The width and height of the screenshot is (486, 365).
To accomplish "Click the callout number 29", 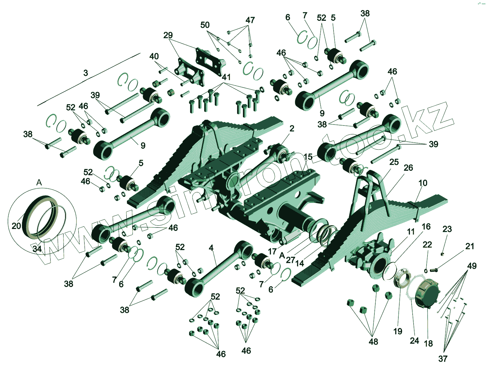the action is click(x=168, y=35).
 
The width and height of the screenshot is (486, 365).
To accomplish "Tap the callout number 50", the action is click(x=205, y=25).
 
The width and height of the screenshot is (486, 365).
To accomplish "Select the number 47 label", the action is click(x=250, y=20).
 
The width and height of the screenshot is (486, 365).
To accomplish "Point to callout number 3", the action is click(x=86, y=73).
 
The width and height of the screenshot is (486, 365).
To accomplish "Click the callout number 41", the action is click(x=226, y=77).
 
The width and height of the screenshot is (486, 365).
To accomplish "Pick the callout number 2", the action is click(x=292, y=128).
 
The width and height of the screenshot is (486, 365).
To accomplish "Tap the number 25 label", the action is click(x=394, y=162).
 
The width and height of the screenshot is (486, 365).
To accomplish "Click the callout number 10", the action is click(x=423, y=183).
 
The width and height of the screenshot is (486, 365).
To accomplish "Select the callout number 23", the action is click(x=447, y=229).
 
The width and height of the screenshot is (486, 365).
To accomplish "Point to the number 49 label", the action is click(x=472, y=266).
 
